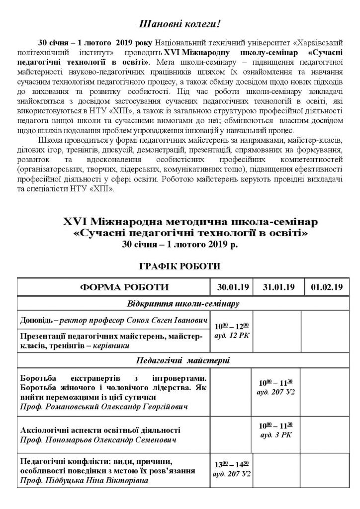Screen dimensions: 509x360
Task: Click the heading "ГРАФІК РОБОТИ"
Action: click(x=180, y=266)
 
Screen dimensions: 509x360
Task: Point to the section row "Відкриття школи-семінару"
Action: click(x=179, y=303)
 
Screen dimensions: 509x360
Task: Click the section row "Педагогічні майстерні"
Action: click(x=179, y=360)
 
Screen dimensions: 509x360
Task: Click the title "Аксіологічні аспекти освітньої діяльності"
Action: click(x=99, y=430)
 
